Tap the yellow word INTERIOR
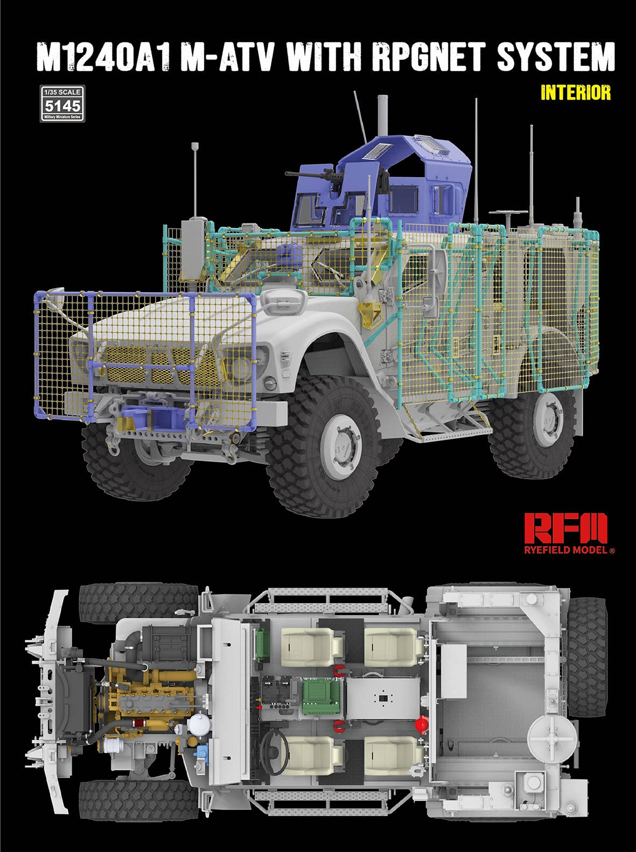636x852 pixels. click(x=576, y=93)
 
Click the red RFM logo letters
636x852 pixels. click(x=565, y=528)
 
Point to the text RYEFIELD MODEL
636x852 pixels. click(x=566, y=550)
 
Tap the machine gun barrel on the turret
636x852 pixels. click(x=302, y=174)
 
